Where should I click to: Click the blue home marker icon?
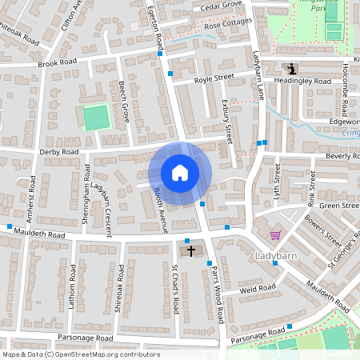tap(180, 173)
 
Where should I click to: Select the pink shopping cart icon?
tap(276, 235)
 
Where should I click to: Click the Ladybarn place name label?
tap(276, 256)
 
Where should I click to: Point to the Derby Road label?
tap(59, 151)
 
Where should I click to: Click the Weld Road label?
tap(258, 288)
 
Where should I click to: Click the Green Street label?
tap(339, 206)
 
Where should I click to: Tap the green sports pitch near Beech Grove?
tap(95, 118)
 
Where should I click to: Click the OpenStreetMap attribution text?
tap(81, 354)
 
